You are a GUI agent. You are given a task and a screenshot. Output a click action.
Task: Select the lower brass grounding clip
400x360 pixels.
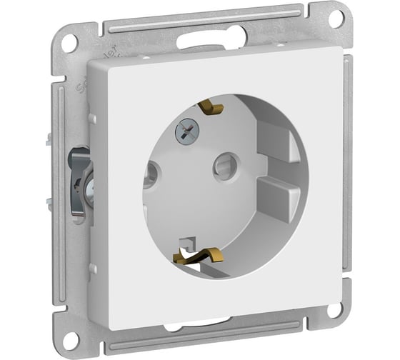coord(203,251)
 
